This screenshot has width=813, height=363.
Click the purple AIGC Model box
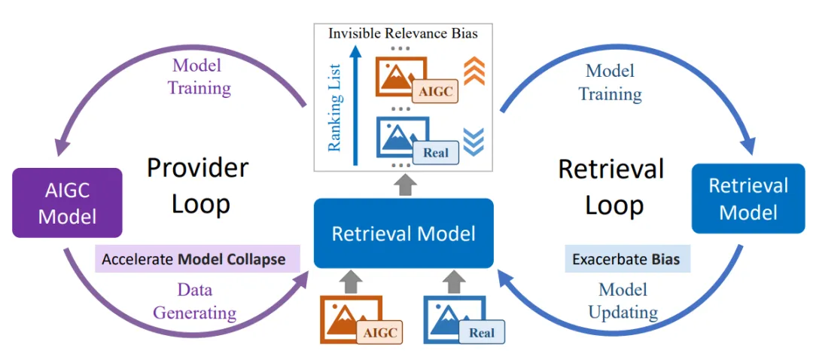point(67,203)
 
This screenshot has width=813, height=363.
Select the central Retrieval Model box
point(403,233)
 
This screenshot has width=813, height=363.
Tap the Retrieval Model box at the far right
point(748,198)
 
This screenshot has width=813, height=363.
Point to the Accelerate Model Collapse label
point(193,259)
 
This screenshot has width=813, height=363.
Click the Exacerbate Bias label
point(626,260)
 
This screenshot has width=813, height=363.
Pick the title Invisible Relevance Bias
point(403,33)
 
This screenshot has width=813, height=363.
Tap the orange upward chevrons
point(473,71)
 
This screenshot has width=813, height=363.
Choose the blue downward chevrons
point(474,139)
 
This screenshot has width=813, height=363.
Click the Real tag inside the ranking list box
point(436,152)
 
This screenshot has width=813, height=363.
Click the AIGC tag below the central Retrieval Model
point(379,332)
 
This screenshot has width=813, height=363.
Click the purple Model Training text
point(199,77)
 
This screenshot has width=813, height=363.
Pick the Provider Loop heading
point(198,185)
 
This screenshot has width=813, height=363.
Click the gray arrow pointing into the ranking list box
point(404,183)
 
